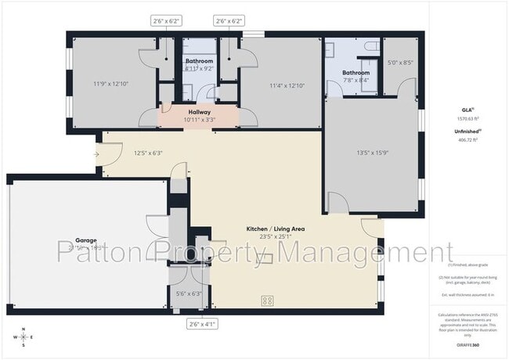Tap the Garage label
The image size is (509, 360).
[85, 240]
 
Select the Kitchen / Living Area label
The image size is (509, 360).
[275, 229]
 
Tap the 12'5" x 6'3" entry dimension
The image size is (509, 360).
[148, 153]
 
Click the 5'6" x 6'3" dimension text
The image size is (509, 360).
[189, 293]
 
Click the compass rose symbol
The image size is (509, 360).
[25, 337]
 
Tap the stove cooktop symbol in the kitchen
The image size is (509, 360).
[267, 300]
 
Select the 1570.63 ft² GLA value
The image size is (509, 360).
[467, 118]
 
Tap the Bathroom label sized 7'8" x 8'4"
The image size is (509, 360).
[356, 73]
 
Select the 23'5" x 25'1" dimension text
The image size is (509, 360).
[275, 236]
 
